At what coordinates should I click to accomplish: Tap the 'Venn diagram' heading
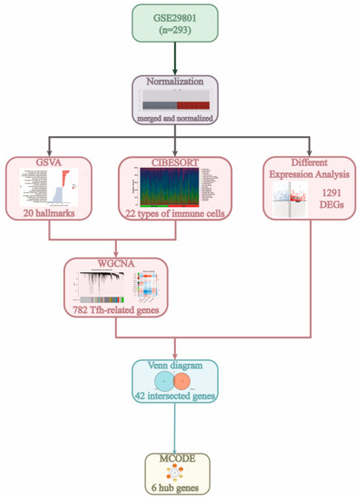click(180, 367)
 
